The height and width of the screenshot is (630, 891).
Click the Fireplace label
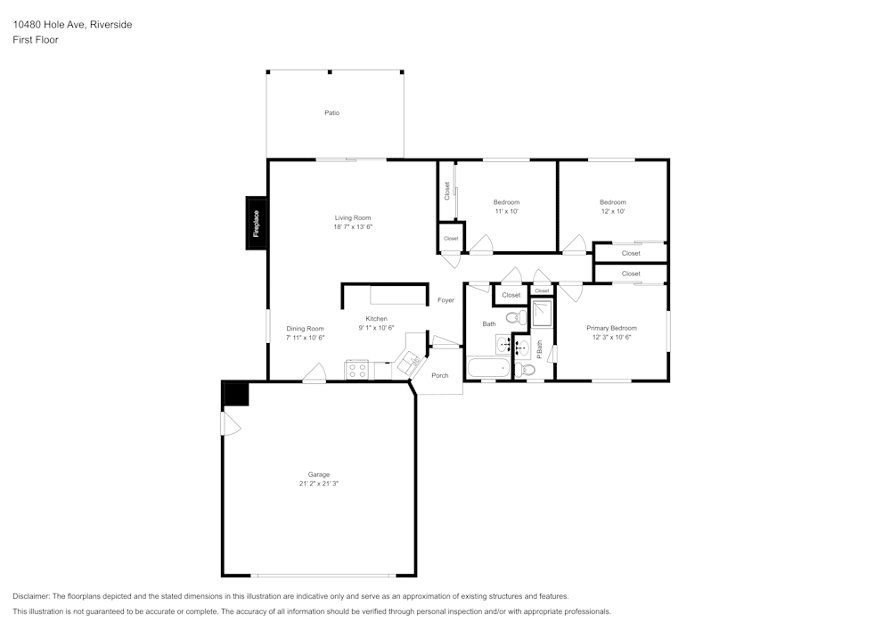coord(256,223)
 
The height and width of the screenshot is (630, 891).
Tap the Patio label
coord(331,113)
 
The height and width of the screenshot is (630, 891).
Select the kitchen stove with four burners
coord(357,371)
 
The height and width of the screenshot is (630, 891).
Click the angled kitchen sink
coord(412,362)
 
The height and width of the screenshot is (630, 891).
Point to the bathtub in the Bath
coord(487,367)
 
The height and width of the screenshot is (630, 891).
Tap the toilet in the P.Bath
coord(527,369)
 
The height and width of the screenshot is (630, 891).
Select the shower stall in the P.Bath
coord(542,314)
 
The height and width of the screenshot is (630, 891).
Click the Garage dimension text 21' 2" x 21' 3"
coord(319,484)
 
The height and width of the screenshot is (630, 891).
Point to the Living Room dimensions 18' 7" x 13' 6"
coord(353,227)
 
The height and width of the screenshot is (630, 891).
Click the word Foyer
coord(445,300)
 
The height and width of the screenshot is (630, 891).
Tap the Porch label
coord(440,375)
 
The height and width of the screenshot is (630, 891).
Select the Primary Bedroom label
coord(611,328)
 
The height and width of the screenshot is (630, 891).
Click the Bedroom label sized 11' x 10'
coord(506,202)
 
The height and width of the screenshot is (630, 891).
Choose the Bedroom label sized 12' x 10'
coord(612,202)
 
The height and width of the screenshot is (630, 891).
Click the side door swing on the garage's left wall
coord(231,425)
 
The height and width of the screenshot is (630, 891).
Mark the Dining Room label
coord(305,329)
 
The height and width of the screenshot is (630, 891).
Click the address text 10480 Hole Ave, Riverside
coord(72,25)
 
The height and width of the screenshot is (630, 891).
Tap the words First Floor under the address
coord(36,40)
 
